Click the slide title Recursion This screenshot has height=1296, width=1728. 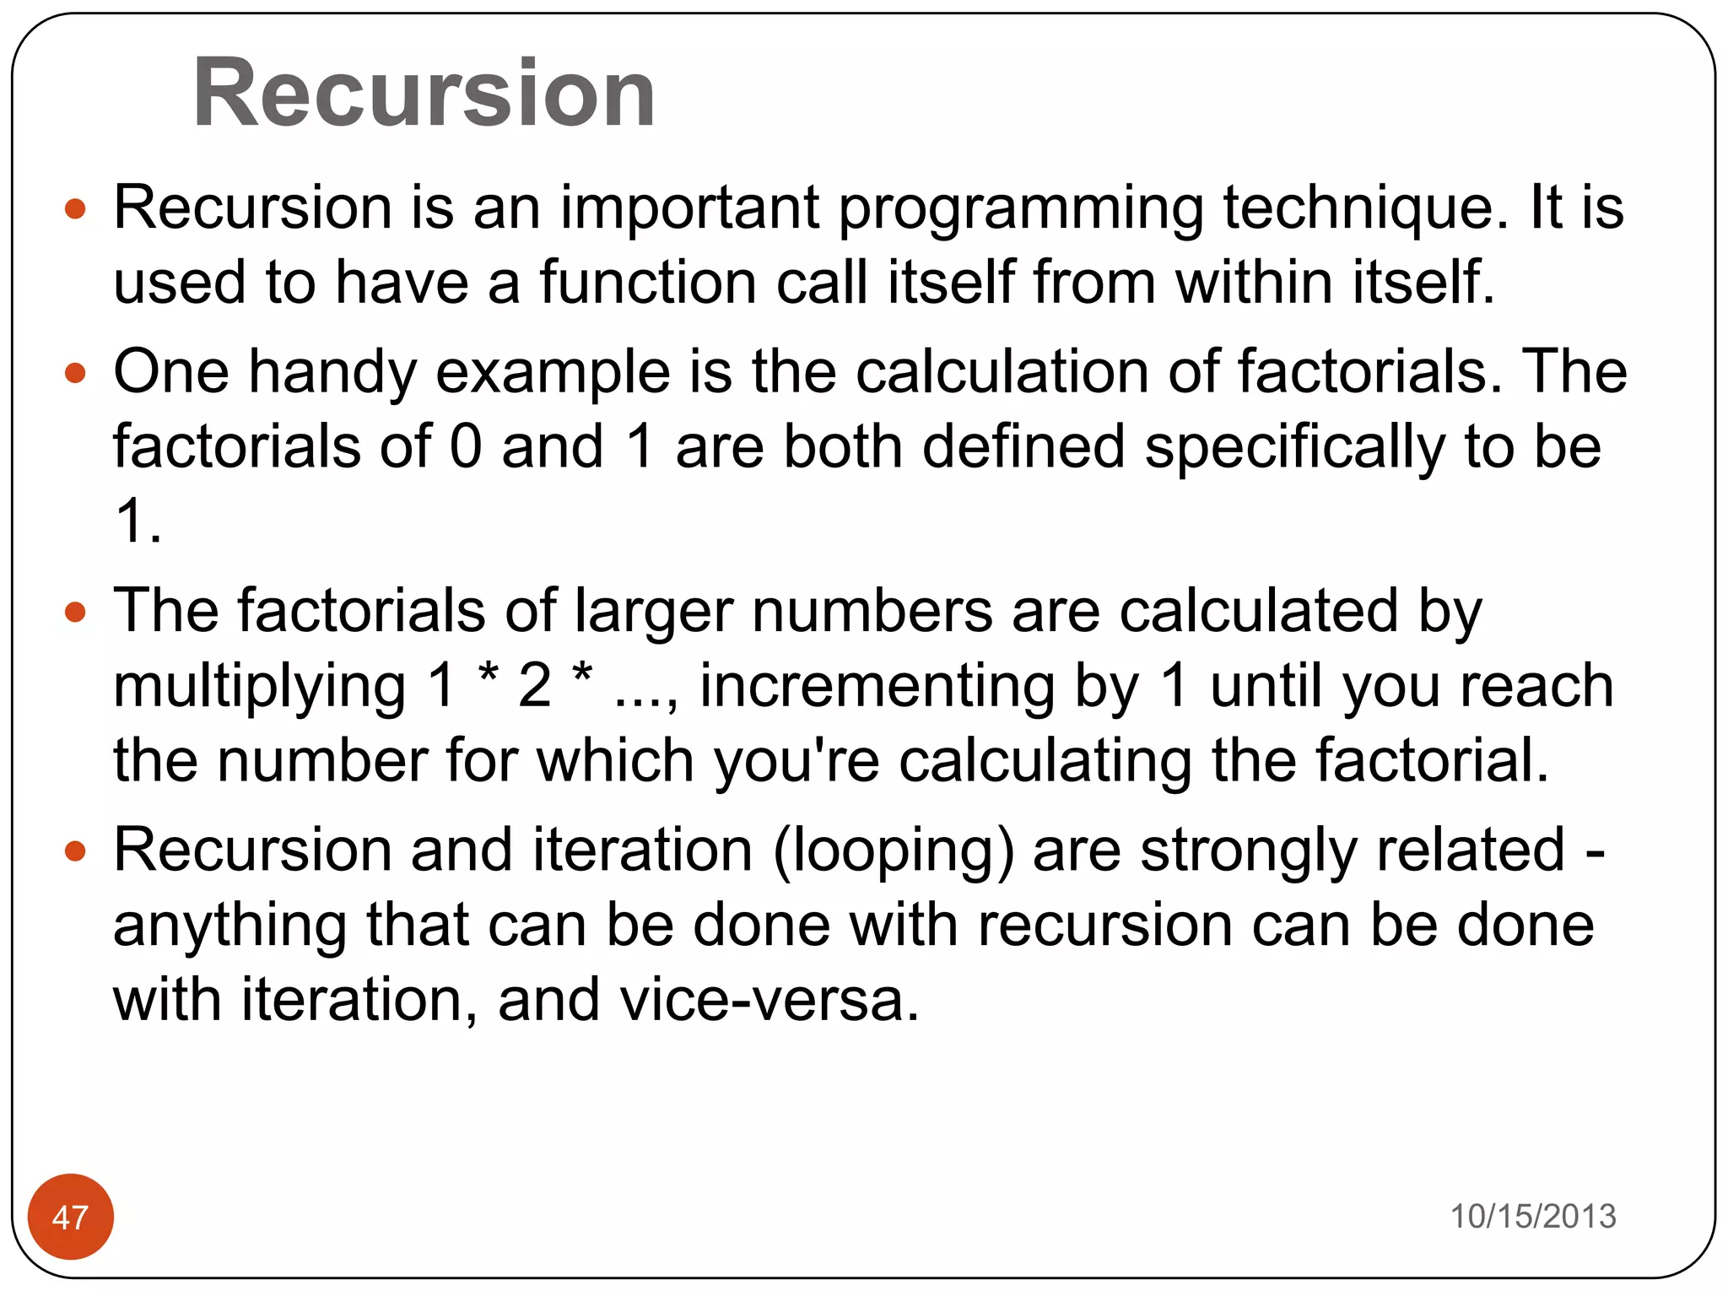[424, 92]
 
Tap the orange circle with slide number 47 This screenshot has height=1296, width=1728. [70, 1217]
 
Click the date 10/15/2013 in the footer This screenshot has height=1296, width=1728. [1532, 1216]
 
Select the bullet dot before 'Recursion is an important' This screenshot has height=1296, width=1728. [75, 208]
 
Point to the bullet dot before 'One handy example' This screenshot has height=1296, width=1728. [75, 372]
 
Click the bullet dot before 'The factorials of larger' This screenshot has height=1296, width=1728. [75, 612]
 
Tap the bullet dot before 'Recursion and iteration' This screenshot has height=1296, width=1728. [75, 850]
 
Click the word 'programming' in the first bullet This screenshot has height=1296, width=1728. [1021, 208]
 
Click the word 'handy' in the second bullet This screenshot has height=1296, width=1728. [332, 372]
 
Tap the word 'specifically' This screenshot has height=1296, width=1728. [1294, 447]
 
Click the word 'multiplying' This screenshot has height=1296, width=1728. [260, 687]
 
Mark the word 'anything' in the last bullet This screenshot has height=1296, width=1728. [229, 926]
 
